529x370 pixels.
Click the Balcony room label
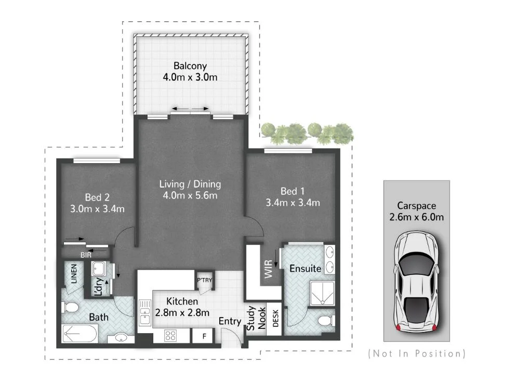tap(190, 66)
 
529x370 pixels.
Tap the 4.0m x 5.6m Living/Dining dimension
tap(190, 195)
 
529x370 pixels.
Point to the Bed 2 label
tap(97, 197)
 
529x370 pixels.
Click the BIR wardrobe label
tap(86, 255)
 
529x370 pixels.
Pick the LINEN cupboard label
tap(73, 274)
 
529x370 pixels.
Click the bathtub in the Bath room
tap(81, 333)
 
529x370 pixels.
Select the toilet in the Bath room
tap(69, 308)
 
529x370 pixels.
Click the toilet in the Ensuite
tap(325, 320)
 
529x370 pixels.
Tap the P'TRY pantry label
tap(204, 281)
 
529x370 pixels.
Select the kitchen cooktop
tap(171, 336)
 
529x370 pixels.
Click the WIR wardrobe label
tap(269, 271)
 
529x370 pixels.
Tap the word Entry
tap(230, 321)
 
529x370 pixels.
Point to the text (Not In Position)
tap(416, 354)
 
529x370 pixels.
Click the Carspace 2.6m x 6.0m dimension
tap(416, 217)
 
